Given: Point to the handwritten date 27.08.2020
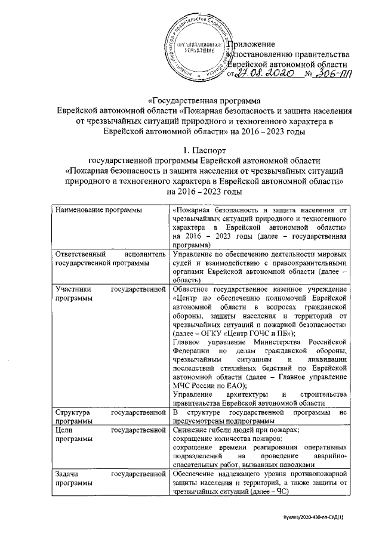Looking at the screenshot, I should point(263,75).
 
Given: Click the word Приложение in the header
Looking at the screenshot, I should point(252,44).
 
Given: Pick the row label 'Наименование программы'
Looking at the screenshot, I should point(94,210).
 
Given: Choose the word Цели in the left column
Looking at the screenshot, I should point(63,430).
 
